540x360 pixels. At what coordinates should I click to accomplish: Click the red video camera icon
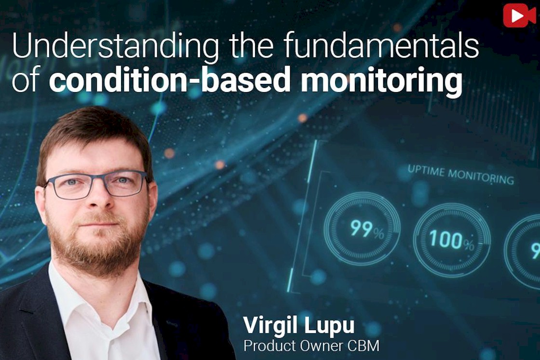click(x=519, y=15)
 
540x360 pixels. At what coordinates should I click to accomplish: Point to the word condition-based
click(x=169, y=80)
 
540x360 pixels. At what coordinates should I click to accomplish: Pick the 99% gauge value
click(x=367, y=229)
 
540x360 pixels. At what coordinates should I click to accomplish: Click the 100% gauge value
click(x=451, y=239)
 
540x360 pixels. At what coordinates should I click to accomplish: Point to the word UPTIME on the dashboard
click(x=426, y=171)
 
